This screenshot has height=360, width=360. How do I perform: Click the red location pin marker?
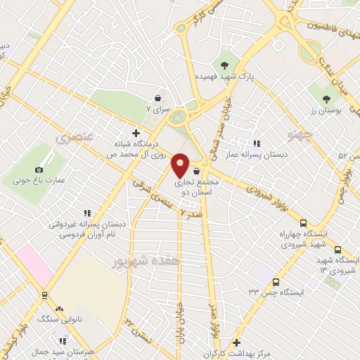181,165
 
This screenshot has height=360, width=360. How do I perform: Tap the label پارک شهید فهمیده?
224,75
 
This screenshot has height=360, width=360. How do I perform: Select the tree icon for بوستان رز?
326,99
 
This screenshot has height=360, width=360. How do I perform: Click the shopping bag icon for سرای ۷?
157,98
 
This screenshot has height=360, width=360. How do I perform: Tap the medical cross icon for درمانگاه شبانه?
136,132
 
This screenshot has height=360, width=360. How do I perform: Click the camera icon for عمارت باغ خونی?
39,169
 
